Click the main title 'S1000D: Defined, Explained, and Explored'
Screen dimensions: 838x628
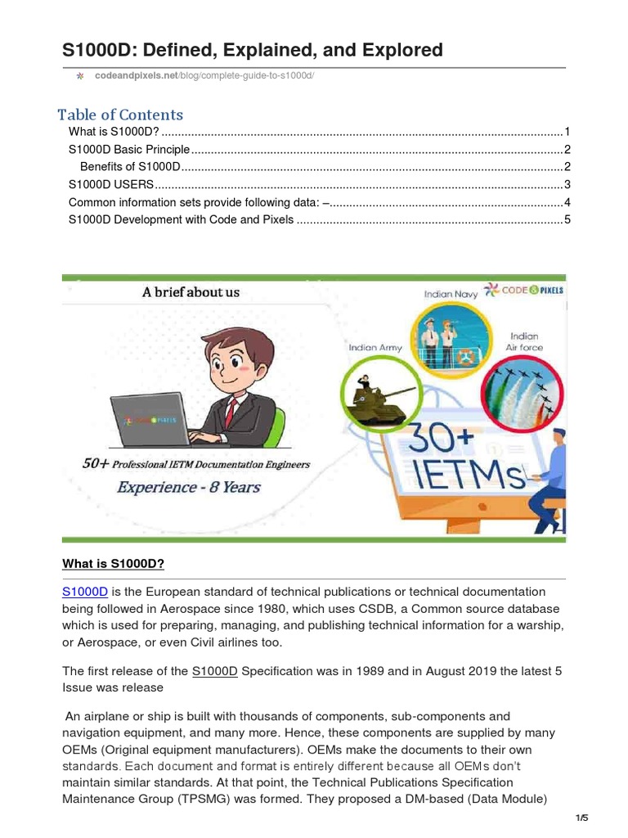(253, 50)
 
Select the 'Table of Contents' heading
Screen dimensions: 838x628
(120, 115)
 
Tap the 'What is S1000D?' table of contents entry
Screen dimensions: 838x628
(114, 132)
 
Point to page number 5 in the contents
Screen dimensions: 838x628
(566, 220)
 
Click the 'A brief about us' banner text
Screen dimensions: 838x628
(191, 292)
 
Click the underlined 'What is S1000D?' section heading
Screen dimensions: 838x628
(114, 564)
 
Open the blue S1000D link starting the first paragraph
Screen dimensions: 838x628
(85, 592)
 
